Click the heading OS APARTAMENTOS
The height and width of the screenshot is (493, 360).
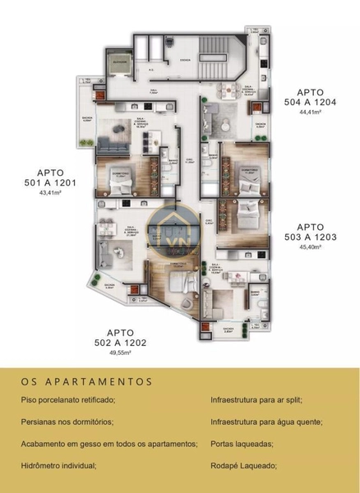pyautogui.click(x=88, y=381)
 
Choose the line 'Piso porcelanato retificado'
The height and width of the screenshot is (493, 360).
pyautogui.click(x=69, y=399)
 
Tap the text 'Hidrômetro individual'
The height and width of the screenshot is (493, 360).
pyautogui.click(x=59, y=466)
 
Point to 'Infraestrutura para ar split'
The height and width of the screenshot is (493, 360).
pyautogui.click(x=256, y=399)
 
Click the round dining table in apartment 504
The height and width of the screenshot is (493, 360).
pyautogui.click(x=228, y=92)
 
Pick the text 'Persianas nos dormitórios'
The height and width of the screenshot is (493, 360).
pyautogui.click(x=66, y=422)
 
